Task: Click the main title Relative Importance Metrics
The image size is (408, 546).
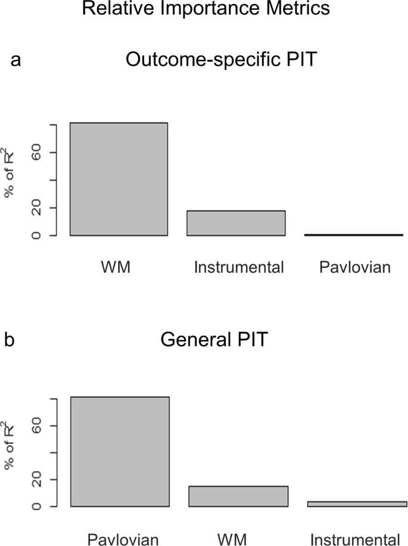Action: pos(204,10)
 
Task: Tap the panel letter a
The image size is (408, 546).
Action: pos(16,61)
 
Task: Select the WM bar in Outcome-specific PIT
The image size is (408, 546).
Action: pos(119,179)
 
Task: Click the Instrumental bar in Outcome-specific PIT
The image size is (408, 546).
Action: pos(236,223)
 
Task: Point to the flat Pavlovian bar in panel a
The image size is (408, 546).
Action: pos(354,235)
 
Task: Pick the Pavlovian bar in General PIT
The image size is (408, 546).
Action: pos(120,452)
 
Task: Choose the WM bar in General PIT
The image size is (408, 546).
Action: pos(238,496)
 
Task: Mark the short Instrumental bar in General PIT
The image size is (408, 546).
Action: pos(357,504)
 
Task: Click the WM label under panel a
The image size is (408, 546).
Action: pos(116,267)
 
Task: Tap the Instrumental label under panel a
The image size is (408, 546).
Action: pos(239,267)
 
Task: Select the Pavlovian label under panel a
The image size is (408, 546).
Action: pos(355,267)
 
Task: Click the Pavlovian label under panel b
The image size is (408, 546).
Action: pos(123,539)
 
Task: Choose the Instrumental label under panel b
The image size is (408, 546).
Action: pos(355,539)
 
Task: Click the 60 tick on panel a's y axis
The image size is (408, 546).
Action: pos(36,153)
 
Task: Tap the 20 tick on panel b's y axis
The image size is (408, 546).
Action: pos(36,479)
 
